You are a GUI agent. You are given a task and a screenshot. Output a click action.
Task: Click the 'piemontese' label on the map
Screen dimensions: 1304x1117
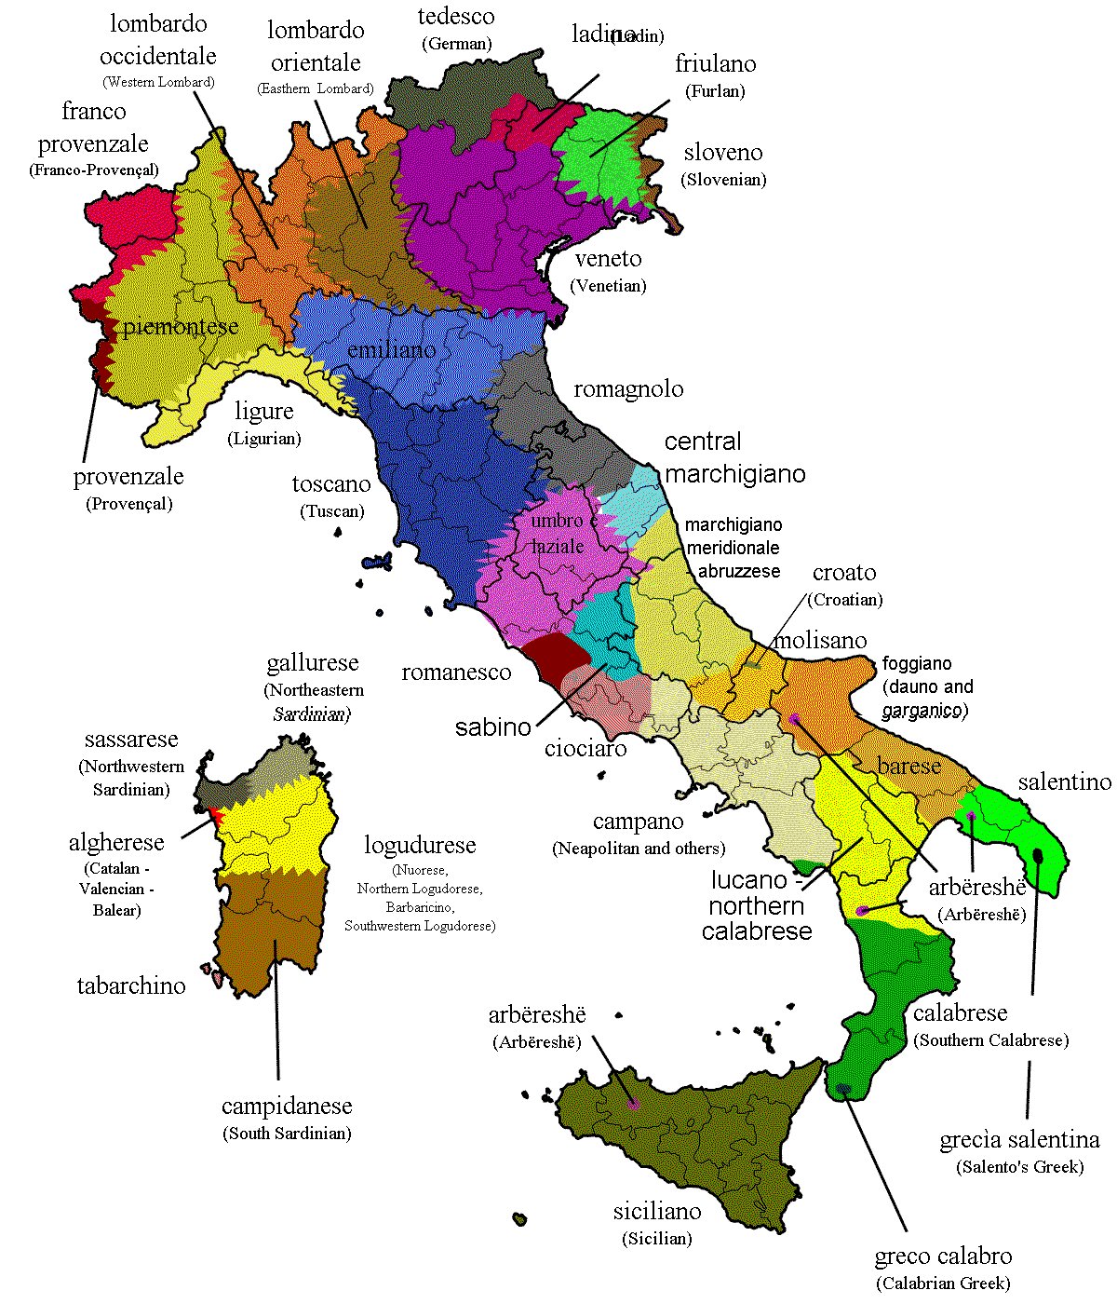[181, 327]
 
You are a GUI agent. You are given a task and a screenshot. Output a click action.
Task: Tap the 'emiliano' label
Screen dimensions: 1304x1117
[391, 350]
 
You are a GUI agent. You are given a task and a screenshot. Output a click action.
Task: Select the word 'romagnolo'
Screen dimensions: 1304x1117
[628, 389]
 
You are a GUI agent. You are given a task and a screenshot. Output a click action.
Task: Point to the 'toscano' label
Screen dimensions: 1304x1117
[331, 484]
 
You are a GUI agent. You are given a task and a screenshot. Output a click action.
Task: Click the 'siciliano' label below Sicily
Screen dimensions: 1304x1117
[657, 1212]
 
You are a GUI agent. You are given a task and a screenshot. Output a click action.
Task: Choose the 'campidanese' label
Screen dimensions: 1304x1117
[287, 1107]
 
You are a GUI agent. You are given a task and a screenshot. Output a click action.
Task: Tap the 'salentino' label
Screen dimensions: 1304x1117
[1065, 782]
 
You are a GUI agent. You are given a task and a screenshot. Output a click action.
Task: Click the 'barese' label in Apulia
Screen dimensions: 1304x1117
[909, 766]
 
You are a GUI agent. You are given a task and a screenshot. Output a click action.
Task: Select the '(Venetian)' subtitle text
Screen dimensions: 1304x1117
[610, 286]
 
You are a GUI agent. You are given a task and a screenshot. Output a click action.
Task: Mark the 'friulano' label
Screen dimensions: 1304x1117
[715, 64]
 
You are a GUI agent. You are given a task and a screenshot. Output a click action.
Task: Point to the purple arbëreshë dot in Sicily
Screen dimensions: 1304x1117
[634, 1105]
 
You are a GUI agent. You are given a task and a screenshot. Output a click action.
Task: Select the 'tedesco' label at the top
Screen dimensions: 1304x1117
[456, 17]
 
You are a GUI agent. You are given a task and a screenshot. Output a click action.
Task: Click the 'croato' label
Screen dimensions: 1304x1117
[844, 573]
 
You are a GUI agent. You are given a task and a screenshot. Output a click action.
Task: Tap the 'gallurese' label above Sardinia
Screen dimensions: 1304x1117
[313, 663]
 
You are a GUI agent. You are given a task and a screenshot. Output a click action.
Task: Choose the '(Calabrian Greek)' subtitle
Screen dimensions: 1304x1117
[943, 1284]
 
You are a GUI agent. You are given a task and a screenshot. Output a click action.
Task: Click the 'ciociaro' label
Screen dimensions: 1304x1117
[585, 748]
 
